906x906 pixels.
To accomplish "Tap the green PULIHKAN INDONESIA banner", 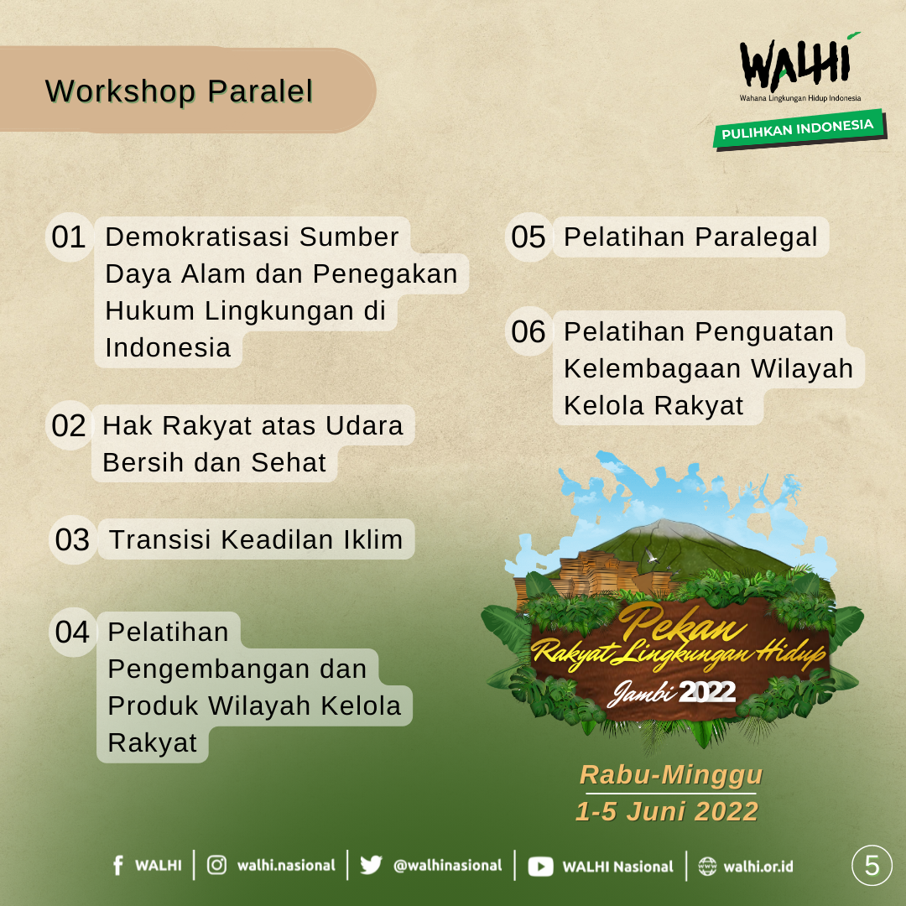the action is pyautogui.click(x=799, y=129).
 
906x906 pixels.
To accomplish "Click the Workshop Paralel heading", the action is pyautogui.click(x=180, y=91).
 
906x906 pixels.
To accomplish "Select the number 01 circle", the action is pyautogui.click(x=70, y=237).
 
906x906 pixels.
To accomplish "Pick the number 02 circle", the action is pyautogui.click(x=70, y=426).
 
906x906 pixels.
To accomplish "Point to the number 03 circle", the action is pyautogui.click(x=73, y=539).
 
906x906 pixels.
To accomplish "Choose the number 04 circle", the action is pyautogui.click(x=73, y=633).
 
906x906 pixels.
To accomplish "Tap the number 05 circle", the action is pyautogui.click(x=528, y=237).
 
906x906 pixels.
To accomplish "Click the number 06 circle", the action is pyautogui.click(x=528, y=331).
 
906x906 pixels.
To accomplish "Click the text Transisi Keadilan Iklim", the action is pyautogui.click(x=256, y=539).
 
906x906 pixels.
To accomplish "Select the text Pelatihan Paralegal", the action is pyautogui.click(x=691, y=237).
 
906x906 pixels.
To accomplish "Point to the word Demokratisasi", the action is pyautogui.click(x=197, y=237).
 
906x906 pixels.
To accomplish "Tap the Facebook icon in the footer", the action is pyautogui.click(x=118, y=866).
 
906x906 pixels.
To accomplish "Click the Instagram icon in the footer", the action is pyautogui.click(x=216, y=865).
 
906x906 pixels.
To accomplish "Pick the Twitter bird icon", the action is pyautogui.click(x=371, y=865).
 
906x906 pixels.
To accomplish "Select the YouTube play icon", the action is pyautogui.click(x=540, y=866).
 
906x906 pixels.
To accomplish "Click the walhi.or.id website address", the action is pyautogui.click(x=758, y=866).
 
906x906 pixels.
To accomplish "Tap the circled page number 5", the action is pyautogui.click(x=872, y=866).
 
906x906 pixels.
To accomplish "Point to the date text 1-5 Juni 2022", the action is pyautogui.click(x=667, y=811).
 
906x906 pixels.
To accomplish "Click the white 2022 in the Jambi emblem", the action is pyautogui.click(x=707, y=691).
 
